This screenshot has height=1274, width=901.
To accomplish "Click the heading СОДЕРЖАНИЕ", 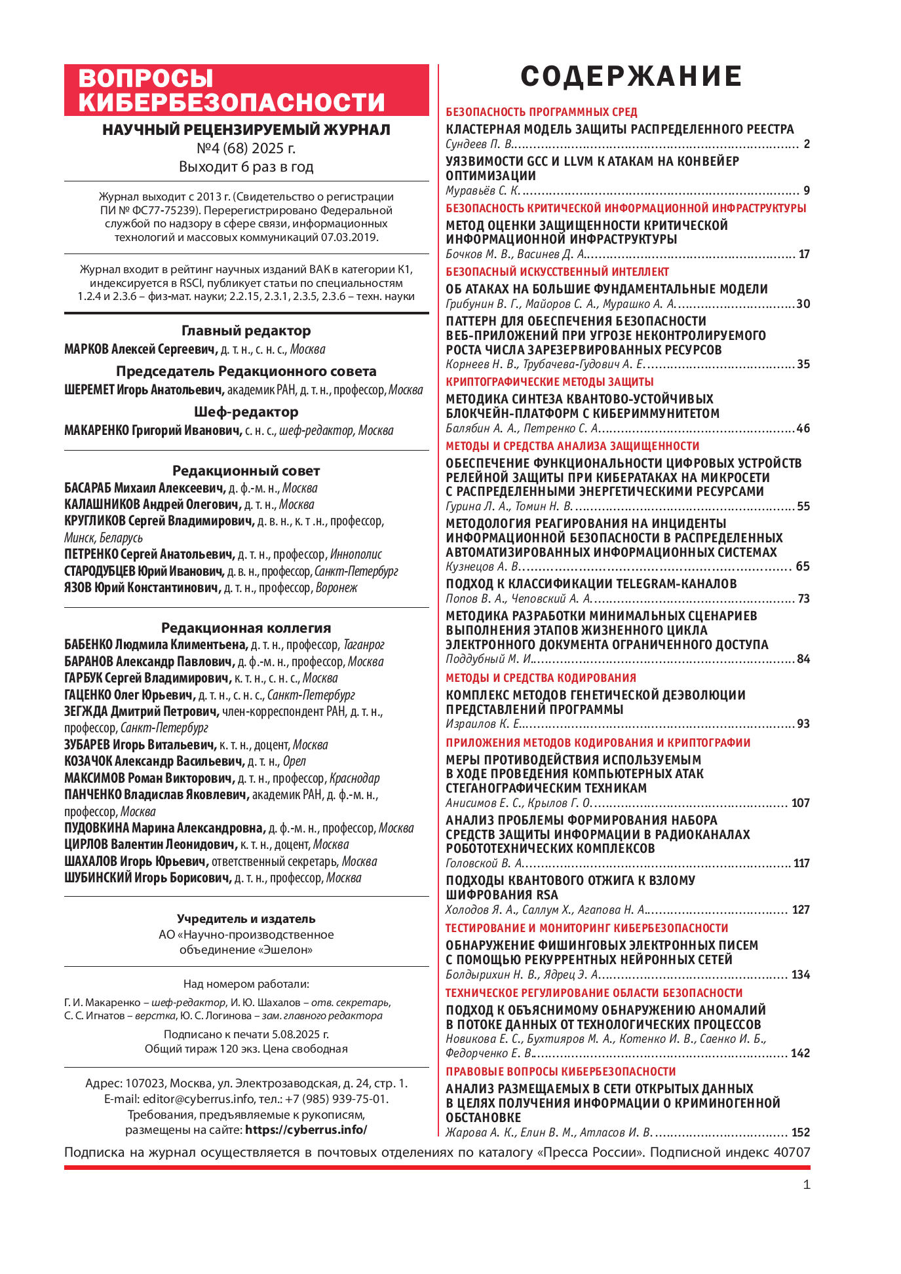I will [630, 77].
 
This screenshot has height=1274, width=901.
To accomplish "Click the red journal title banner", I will [246, 90].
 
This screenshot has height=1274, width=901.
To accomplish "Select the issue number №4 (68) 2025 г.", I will [246, 148].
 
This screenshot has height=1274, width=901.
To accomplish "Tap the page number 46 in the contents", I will [803, 429].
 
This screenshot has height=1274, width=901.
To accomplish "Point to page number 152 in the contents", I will [800, 1133].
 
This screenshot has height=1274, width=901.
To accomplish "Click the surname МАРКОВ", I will [85, 350].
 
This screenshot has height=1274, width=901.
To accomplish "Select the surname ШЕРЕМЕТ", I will [88, 390].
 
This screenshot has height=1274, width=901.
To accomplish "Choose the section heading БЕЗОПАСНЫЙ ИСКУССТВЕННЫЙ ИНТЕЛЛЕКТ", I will [557, 272].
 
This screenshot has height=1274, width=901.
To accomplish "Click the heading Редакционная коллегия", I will [246, 628].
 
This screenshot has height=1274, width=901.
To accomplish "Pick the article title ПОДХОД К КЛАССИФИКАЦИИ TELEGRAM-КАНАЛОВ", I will [591, 584].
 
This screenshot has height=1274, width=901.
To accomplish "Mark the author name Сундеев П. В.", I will [479, 145].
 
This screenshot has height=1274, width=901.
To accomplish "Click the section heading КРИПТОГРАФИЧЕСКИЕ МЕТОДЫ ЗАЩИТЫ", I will [549, 382].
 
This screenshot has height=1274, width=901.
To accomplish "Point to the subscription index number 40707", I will [792, 1152].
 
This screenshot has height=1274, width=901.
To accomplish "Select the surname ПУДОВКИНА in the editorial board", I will [97, 829].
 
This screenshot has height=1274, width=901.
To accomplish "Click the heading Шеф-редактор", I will [246, 412].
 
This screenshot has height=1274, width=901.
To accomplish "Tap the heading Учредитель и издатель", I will [246, 919].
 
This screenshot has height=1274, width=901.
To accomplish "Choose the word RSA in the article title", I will [545, 895].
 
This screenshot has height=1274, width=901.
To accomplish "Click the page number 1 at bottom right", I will [807, 1184].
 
